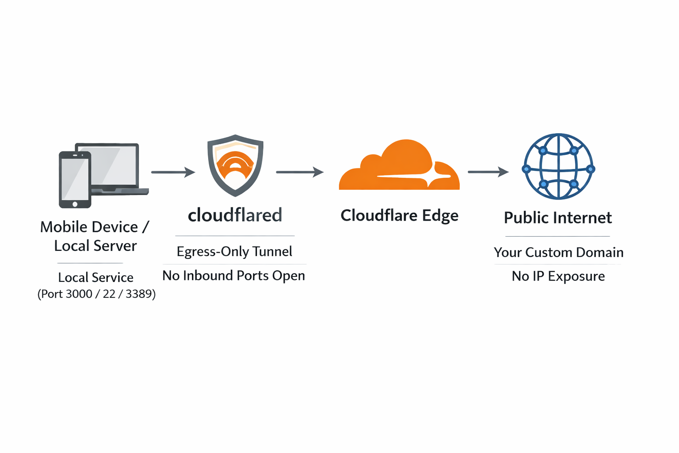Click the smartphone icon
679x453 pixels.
point(75,179)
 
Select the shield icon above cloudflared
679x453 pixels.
point(235,165)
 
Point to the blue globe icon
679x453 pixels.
point(558,167)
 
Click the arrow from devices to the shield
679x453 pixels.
point(173,172)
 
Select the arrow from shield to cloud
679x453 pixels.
point(300,172)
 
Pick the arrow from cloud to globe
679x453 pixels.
point(488,172)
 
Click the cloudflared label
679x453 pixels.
point(235,215)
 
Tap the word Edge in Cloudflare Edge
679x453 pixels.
point(440,216)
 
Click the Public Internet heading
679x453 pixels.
point(558,218)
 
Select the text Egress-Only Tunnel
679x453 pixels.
point(234,251)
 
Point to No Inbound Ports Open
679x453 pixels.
point(233,276)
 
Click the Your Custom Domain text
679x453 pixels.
point(558,252)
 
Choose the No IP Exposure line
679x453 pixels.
point(558,276)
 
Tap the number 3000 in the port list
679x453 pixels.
point(79,294)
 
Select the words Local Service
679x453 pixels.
point(95,277)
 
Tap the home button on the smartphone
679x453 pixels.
point(75,204)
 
